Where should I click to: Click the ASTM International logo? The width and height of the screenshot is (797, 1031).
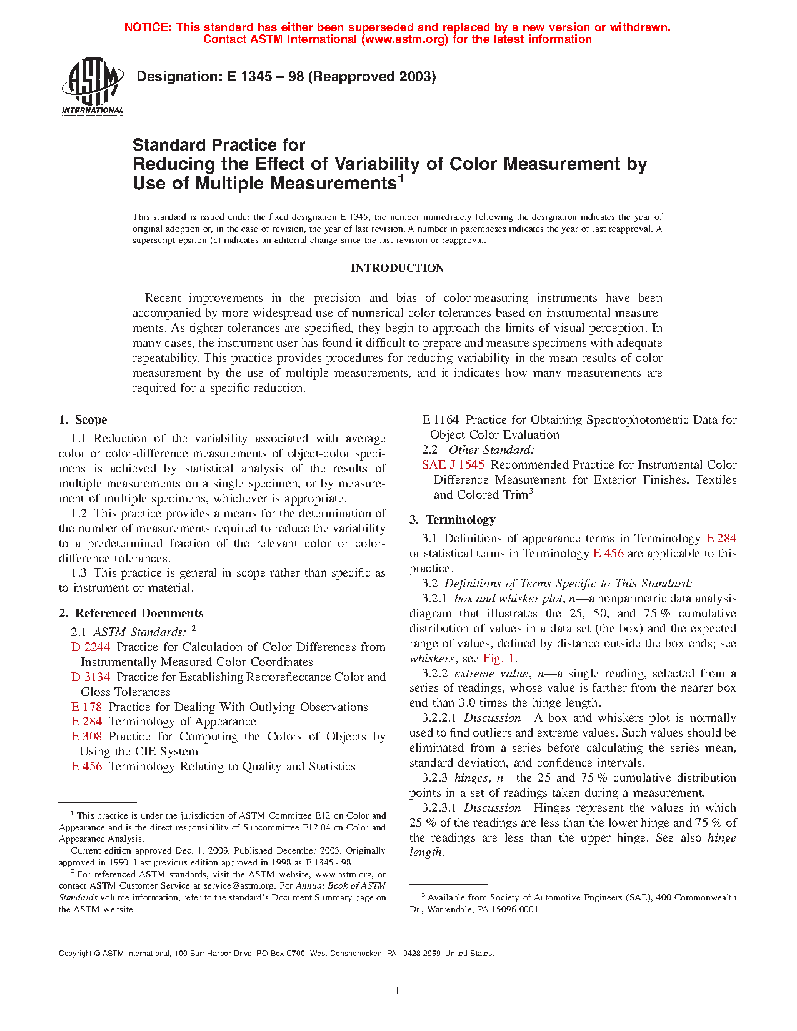(x=93, y=86)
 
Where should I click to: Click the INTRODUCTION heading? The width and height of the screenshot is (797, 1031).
(x=397, y=268)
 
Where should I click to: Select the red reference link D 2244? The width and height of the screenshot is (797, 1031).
(x=91, y=647)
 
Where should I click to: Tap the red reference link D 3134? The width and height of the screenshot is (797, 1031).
(x=91, y=677)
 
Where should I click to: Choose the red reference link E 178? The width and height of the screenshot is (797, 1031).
(x=86, y=707)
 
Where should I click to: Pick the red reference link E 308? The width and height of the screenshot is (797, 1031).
(x=86, y=737)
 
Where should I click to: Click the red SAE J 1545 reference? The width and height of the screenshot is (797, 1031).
(x=453, y=465)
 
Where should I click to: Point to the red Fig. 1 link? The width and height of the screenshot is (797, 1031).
(x=499, y=659)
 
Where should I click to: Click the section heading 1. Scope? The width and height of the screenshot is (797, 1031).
(x=83, y=420)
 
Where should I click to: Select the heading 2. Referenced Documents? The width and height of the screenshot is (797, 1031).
(x=131, y=614)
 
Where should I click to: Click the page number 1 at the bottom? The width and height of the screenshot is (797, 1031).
(x=398, y=990)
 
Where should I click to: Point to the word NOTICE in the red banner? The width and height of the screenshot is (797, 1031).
(x=148, y=27)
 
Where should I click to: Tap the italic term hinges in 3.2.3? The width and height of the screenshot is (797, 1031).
(x=471, y=778)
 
